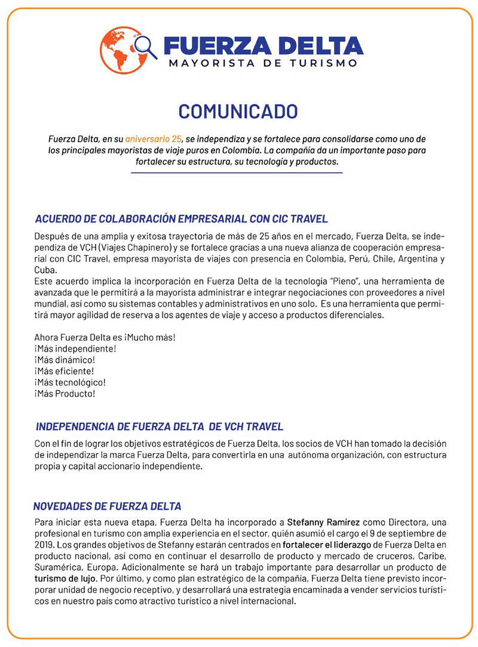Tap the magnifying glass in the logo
(x=145, y=47)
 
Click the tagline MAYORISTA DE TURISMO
(x=263, y=63)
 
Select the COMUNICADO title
(x=238, y=112)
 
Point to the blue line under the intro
(x=237, y=173)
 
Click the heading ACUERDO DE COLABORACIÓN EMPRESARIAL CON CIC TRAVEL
(x=181, y=219)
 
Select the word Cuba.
(x=45, y=269)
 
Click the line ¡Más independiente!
(x=75, y=349)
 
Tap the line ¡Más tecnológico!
(x=70, y=383)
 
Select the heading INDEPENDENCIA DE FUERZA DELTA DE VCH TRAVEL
(x=160, y=427)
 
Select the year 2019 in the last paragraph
(x=44, y=545)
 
